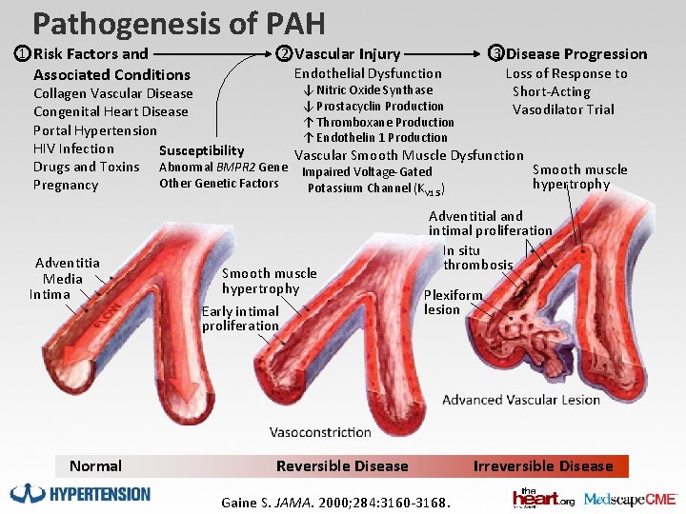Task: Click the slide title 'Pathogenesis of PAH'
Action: (x=178, y=23)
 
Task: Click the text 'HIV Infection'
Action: (x=73, y=148)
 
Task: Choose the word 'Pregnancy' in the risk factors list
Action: (x=66, y=185)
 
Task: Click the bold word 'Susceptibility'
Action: (x=201, y=150)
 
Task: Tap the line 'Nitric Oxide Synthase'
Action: (x=367, y=90)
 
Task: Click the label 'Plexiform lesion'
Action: (x=453, y=302)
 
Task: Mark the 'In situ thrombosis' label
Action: (x=477, y=258)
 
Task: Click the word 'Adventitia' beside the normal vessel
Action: (x=67, y=263)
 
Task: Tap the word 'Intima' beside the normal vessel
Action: (x=50, y=294)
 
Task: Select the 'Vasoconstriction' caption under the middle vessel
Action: (x=320, y=432)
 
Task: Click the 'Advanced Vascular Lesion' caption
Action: (x=521, y=400)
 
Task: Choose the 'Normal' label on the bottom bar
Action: (x=95, y=466)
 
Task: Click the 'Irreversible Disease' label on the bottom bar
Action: (x=543, y=466)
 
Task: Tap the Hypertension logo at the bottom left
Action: (x=80, y=493)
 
